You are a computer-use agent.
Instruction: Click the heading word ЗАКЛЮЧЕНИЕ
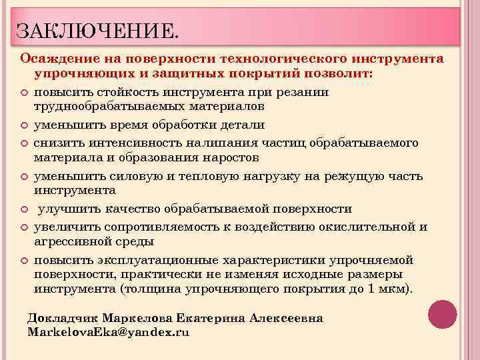pos(97,29)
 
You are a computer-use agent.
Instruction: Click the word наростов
pos(229,157)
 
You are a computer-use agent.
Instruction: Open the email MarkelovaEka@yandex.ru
pos(108,331)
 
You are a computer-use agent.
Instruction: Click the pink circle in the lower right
pos(442,313)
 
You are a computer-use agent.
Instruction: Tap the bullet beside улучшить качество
pos(25,209)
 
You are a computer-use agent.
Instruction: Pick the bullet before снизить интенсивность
pos(25,143)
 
